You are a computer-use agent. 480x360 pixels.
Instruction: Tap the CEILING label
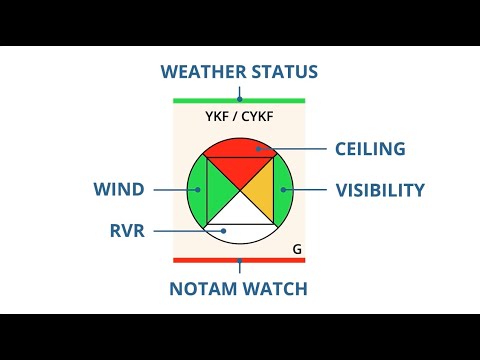click(x=370, y=149)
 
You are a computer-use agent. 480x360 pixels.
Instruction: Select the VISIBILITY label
click(x=380, y=190)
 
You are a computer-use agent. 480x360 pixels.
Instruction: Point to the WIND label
click(x=119, y=190)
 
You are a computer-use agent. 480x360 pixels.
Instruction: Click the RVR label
click(x=127, y=231)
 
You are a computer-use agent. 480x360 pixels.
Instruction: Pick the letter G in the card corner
click(x=297, y=247)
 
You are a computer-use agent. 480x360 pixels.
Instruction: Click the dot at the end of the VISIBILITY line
click(x=284, y=190)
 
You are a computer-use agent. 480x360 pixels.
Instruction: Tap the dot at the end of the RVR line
click(x=225, y=231)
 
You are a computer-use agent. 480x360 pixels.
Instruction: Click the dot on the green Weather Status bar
click(x=239, y=100)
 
